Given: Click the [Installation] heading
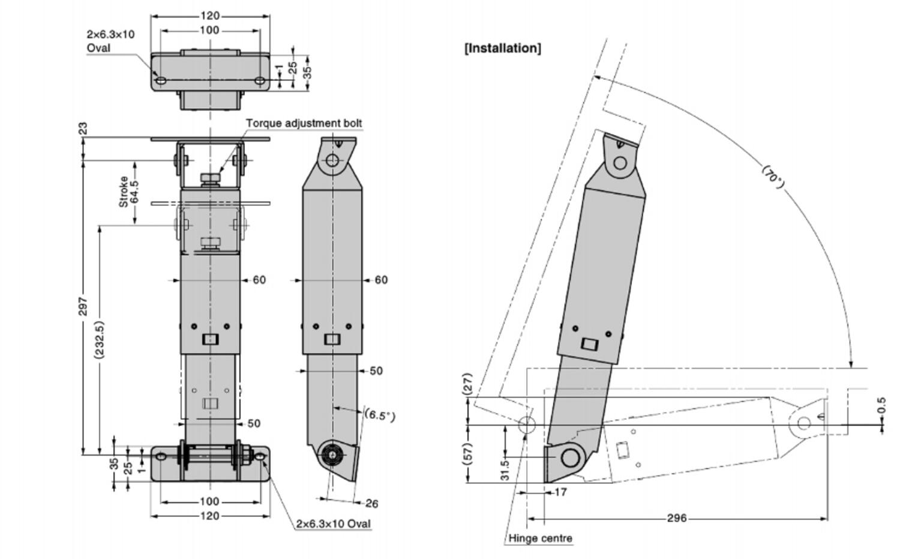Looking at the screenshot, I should (x=503, y=48).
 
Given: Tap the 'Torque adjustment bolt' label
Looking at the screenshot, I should (x=304, y=123).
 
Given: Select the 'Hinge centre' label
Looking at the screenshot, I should (x=540, y=539).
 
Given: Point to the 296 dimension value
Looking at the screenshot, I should (x=677, y=518).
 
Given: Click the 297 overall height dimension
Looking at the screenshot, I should (x=83, y=306).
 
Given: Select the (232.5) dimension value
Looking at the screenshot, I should (x=100, y=340).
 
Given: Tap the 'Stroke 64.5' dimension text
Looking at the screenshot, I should (x=129, y=192).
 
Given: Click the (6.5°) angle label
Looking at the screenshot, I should (x=380, y=415).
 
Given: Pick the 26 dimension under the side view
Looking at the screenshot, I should (x=371, y=503).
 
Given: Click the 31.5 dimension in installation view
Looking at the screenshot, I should (x=505, y=469).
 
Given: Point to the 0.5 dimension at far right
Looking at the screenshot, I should (x=881, y=405).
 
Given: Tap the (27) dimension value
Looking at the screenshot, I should (x=468, y=384).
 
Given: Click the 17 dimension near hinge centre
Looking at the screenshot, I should (x=560, y=492).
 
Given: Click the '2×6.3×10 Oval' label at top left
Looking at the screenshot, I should (x=110, y=41).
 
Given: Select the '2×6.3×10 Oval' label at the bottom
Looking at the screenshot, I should (x=333, y=524).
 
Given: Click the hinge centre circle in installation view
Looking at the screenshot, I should (x=526, y=425).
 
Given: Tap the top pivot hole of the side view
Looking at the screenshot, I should (x=333, y=160).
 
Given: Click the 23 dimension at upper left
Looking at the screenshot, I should (x=83, y=128).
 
